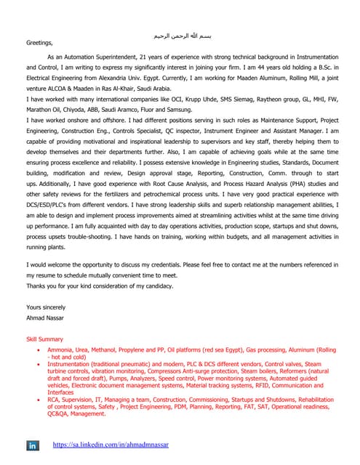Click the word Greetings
coord(41,43)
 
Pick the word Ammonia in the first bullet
coord(60,350)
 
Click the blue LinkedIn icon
coord(33,445)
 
